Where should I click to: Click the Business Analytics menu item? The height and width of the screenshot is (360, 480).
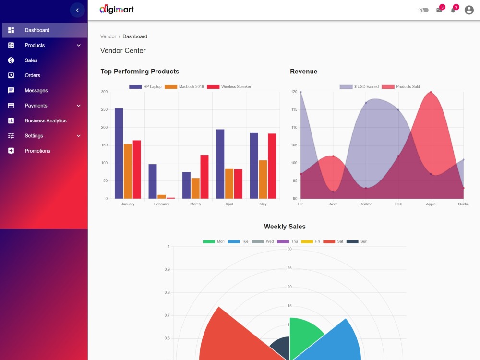[x=46, y=120]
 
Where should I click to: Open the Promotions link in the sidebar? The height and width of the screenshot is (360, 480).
[x=37, y=151]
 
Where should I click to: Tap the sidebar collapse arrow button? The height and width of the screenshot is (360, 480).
[x=77, y=10]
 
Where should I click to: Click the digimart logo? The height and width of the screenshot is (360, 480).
[x=117, y=10]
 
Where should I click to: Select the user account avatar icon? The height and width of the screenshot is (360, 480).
[x=468, y=10]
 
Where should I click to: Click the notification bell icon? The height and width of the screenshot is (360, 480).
[x=453, y=11]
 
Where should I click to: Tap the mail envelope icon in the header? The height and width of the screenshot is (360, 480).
[x=439, y=11]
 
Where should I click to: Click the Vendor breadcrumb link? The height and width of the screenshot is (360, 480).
[x=108, y=36]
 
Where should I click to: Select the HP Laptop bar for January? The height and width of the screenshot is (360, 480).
[x=119, y=154]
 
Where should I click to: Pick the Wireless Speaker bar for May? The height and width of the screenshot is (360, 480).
[x=272, y=166]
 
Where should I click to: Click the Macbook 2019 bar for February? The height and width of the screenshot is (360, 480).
[x=162, y=196]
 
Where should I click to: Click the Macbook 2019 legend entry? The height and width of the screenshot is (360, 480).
[x=184, y=86]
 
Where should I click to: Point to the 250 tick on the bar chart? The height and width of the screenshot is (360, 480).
[x=104, y=109]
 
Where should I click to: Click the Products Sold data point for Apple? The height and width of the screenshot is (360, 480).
[x=431, y=92]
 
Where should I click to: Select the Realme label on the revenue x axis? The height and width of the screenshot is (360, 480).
[x=365, y=204]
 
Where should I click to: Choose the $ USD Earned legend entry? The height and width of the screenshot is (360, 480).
[x=359, y=86]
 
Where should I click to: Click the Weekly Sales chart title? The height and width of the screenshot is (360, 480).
[x=285, y=227]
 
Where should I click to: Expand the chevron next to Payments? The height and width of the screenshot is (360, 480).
[x=79, y=106]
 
